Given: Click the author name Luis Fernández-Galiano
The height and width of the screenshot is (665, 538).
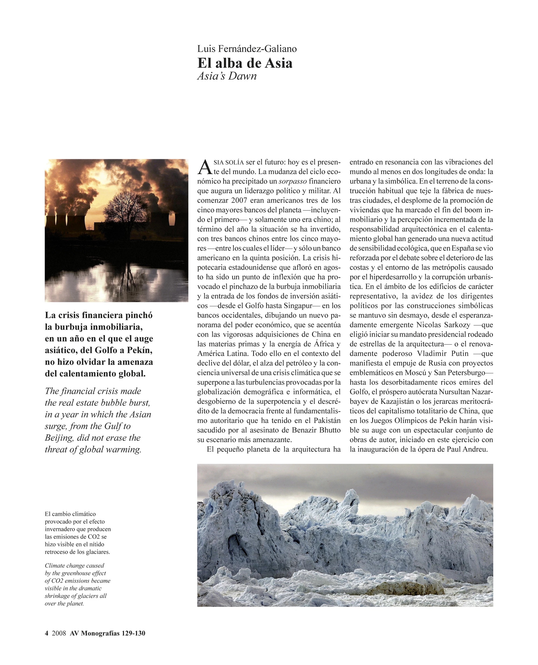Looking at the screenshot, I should click(x=247, y=49).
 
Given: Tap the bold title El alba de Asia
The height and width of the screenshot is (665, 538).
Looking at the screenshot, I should click(x=245, y=63).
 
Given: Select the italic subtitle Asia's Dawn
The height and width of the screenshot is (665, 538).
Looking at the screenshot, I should click(x=227, y=76).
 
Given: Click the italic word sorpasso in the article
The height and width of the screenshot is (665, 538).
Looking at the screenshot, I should click(x=293, y=181).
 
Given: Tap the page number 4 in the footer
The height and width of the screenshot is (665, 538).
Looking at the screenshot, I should click(x=47, y=633).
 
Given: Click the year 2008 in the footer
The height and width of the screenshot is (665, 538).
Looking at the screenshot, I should click(x=59, y=633).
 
